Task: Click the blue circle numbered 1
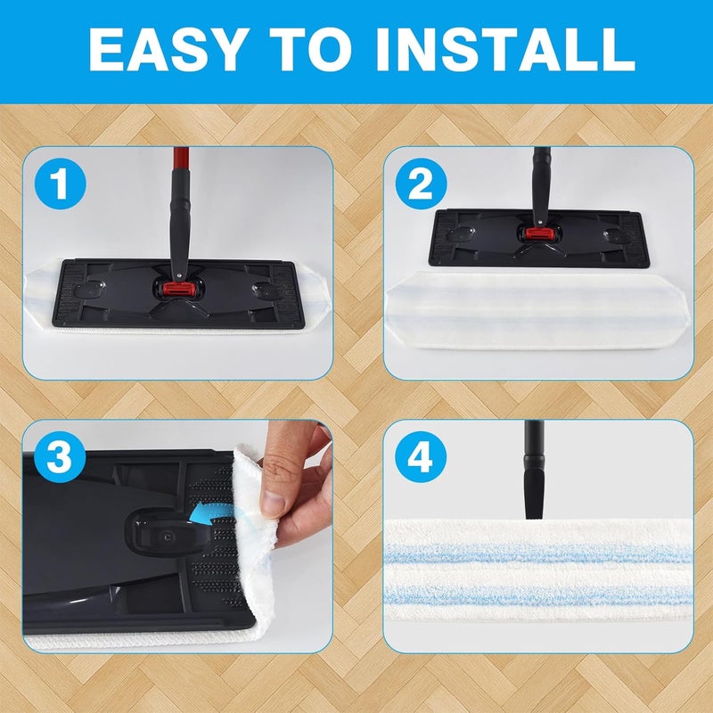coord(60,184)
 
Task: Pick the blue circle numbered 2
coord(421,184)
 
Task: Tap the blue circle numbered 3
coord(60,457)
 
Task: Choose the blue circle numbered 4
coord(421,457)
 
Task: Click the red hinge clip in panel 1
coord(179,289)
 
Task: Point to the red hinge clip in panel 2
coord(540,234)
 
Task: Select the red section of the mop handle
coord(181,159)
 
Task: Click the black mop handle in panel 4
coord(534,470)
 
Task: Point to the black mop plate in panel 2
coord(539,238)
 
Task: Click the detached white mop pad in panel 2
coord(538,310)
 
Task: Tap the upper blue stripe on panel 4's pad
coord(539,553)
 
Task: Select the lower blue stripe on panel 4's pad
coord(539,594)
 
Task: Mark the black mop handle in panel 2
coord(541,186)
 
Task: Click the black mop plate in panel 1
coord(178,294)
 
